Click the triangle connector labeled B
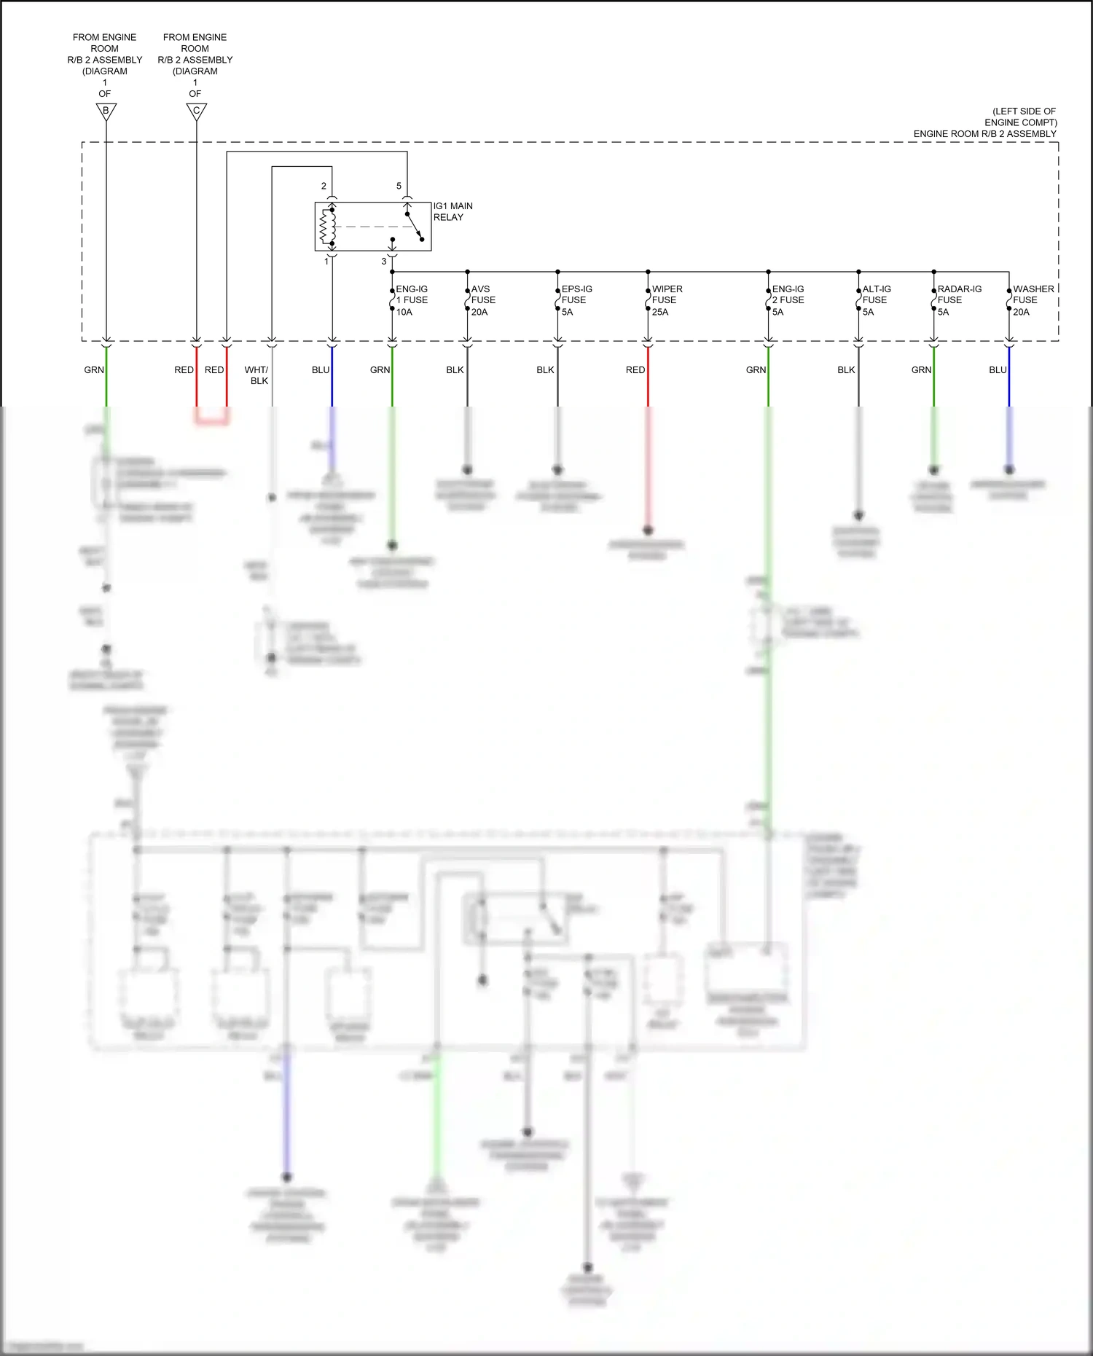click(106, 111)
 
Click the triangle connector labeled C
click(196, 111)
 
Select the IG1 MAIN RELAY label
click(453, 212)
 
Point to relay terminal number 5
click(399, 187)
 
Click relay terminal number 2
click(324, 187)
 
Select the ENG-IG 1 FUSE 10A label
click(411, 300)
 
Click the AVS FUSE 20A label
click(482, 300)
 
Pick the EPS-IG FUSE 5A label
click(576, 300)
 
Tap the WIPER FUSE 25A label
click(666, 300)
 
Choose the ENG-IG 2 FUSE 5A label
click(787, 300)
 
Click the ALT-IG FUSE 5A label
click(876, 300)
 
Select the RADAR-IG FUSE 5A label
click(958, 300)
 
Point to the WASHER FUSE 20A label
click(1033, 300)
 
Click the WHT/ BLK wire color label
click(256, 375)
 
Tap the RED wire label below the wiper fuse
click(635, 370)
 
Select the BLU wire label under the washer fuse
click(998, 370)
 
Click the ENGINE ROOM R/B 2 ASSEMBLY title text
click(984, 134)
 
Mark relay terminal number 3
click(384, 262)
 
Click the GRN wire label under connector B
click(94, 370)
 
